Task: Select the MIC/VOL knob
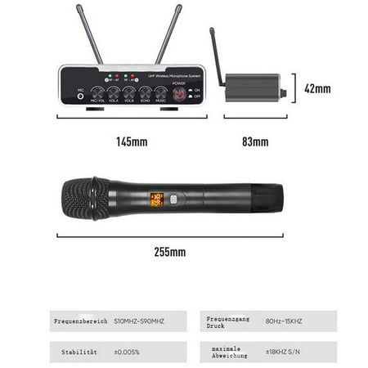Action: (97, 92)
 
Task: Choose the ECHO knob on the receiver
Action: (145, 92)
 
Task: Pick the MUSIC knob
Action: (161, 92)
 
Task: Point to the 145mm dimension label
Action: (131, 142)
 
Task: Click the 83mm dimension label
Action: (255, 142)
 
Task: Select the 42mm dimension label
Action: (317, 88)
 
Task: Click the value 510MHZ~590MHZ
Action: (140, 321)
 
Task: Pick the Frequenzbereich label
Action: (79, 321)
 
